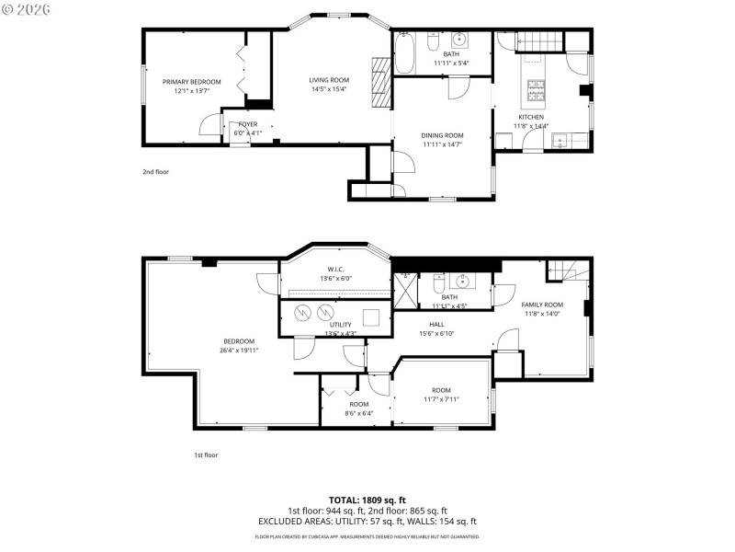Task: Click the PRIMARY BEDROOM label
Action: pyautogui.click(x=191, y=82)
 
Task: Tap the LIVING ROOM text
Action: pyautogui.click(x=328, y=80)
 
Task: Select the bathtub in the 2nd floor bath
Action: pyautogui.click(x=404, y=52)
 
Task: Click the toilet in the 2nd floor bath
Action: pyautogui.click(x=435, y=40)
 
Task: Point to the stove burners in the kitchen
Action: pyautogui.click(x=536, y=89)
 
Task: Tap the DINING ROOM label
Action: pyautogui.click(x=442, y=135)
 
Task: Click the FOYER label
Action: pyautogui.click(x=248, y=124)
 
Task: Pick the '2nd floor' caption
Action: pyautogui.click(x=155, y=171)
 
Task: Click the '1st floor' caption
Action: pyautogui.click(x=206, y=454)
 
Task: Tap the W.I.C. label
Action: pyautogui.click(x=336, y=270)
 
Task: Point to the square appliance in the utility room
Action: pyautogui.click(x=372, y=316)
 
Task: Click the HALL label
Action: pyautogui.click(x=436, y=324)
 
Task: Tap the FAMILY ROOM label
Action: pyautogui.click(x=542, y=305)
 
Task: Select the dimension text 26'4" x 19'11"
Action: pyautogui.click(x=238, y=351)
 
